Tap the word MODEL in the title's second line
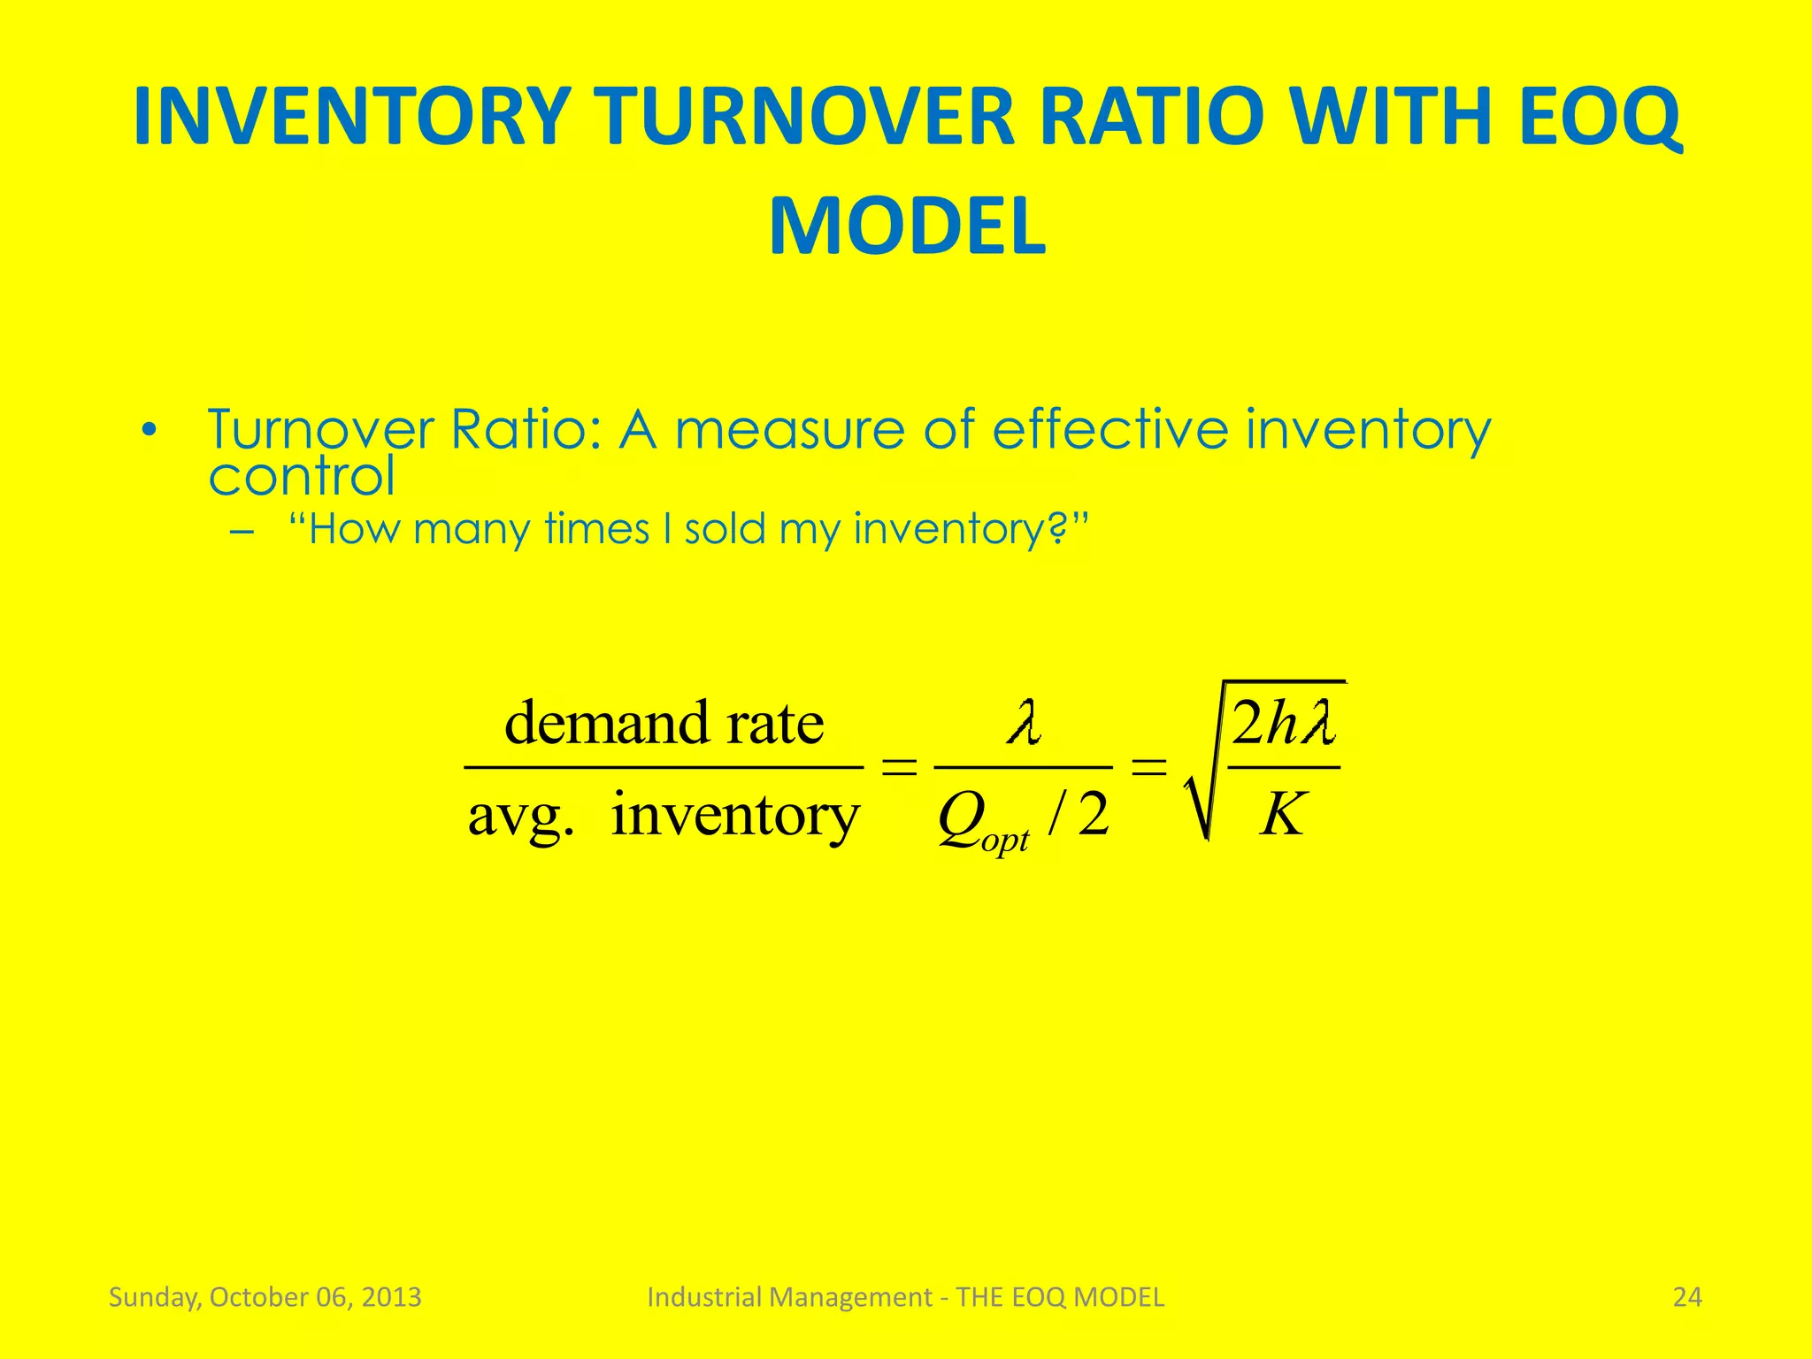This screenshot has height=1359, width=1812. (907, 227)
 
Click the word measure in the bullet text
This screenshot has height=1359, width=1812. (789, 431)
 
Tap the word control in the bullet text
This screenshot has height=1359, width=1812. (301, 477)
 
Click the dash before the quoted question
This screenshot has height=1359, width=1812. (241, 532)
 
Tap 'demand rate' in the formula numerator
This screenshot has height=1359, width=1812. (664, 724)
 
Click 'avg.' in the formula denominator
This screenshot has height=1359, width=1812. (520, 816)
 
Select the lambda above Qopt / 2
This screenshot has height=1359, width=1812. (1024, 723)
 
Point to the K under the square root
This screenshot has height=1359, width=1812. (1282, 814)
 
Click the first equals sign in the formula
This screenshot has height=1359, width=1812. (899, 768)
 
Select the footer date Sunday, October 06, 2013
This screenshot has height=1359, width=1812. (265, 1297)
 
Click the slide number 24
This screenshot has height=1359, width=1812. (1686, 1297)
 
